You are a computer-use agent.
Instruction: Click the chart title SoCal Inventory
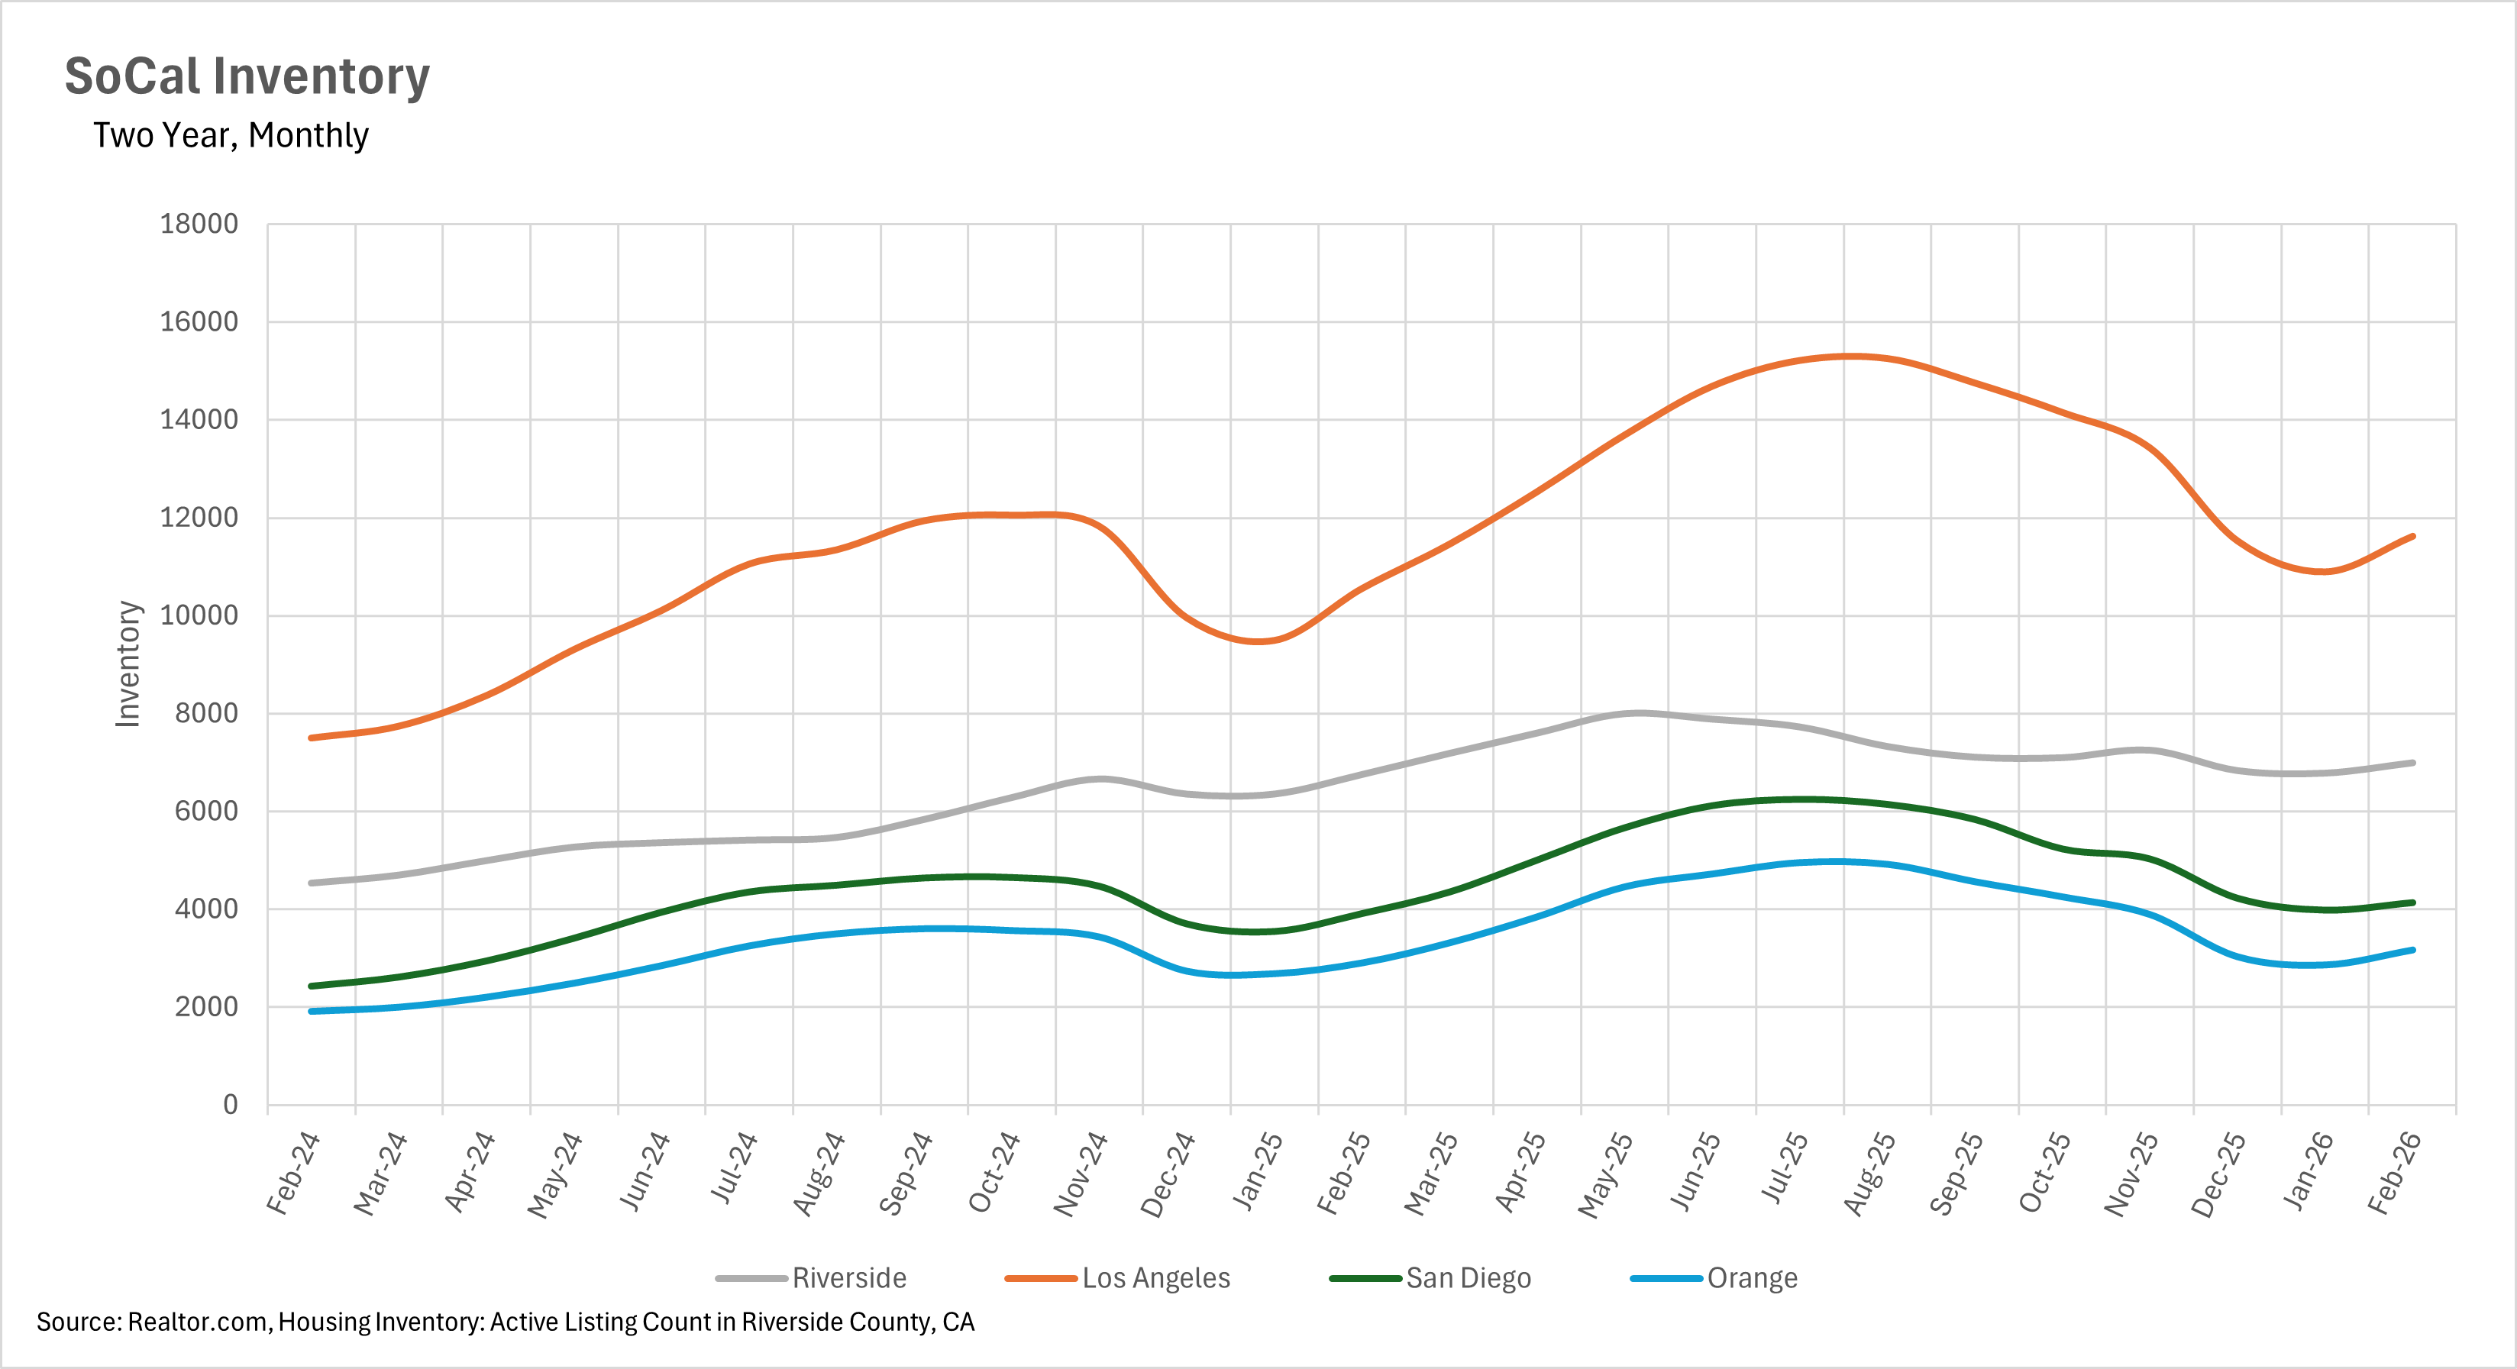[247, 76]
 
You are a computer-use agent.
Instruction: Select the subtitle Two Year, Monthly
[231, 135]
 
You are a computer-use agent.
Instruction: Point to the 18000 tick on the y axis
[199, 224]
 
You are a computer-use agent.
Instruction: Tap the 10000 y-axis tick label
[199, 615]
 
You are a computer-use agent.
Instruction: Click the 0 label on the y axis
[231, 1104]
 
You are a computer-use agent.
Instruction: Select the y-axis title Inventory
[128, 664]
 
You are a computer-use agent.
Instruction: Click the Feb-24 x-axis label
[294, 1173]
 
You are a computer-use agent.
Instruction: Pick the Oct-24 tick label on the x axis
[995, 1173]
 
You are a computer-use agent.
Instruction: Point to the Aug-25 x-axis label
[1870, 1174]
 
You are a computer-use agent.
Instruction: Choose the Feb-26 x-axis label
[2396, 1173]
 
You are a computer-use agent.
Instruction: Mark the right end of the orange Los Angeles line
[2412, 537]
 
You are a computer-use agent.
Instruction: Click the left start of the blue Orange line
[311, 1012]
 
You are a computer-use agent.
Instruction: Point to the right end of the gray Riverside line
[2412, 764]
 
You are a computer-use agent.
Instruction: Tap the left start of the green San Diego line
[311, 986]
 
